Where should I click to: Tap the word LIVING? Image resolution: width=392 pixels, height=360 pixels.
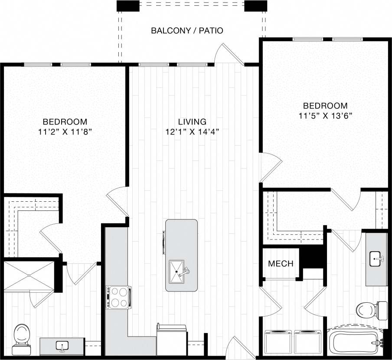click(192, 122)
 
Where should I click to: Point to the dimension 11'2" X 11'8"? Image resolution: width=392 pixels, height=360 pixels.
click(65, 132)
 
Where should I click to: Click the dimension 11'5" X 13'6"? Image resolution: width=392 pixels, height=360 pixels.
click(325, 116)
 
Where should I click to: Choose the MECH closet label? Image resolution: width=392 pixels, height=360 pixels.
click(281, 263)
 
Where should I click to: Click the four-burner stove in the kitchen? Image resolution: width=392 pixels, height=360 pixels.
click(118, 297)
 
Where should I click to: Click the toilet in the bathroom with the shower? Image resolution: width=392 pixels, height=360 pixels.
click(20, 336)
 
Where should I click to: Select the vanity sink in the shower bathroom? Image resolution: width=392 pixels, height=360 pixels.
click(62, 346)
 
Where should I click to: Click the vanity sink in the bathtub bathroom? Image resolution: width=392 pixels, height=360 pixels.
click(376, 260)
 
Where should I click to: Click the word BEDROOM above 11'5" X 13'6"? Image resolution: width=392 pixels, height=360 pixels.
click(325, 106)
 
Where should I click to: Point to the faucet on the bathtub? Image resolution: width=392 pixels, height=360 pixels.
click(380, 343)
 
